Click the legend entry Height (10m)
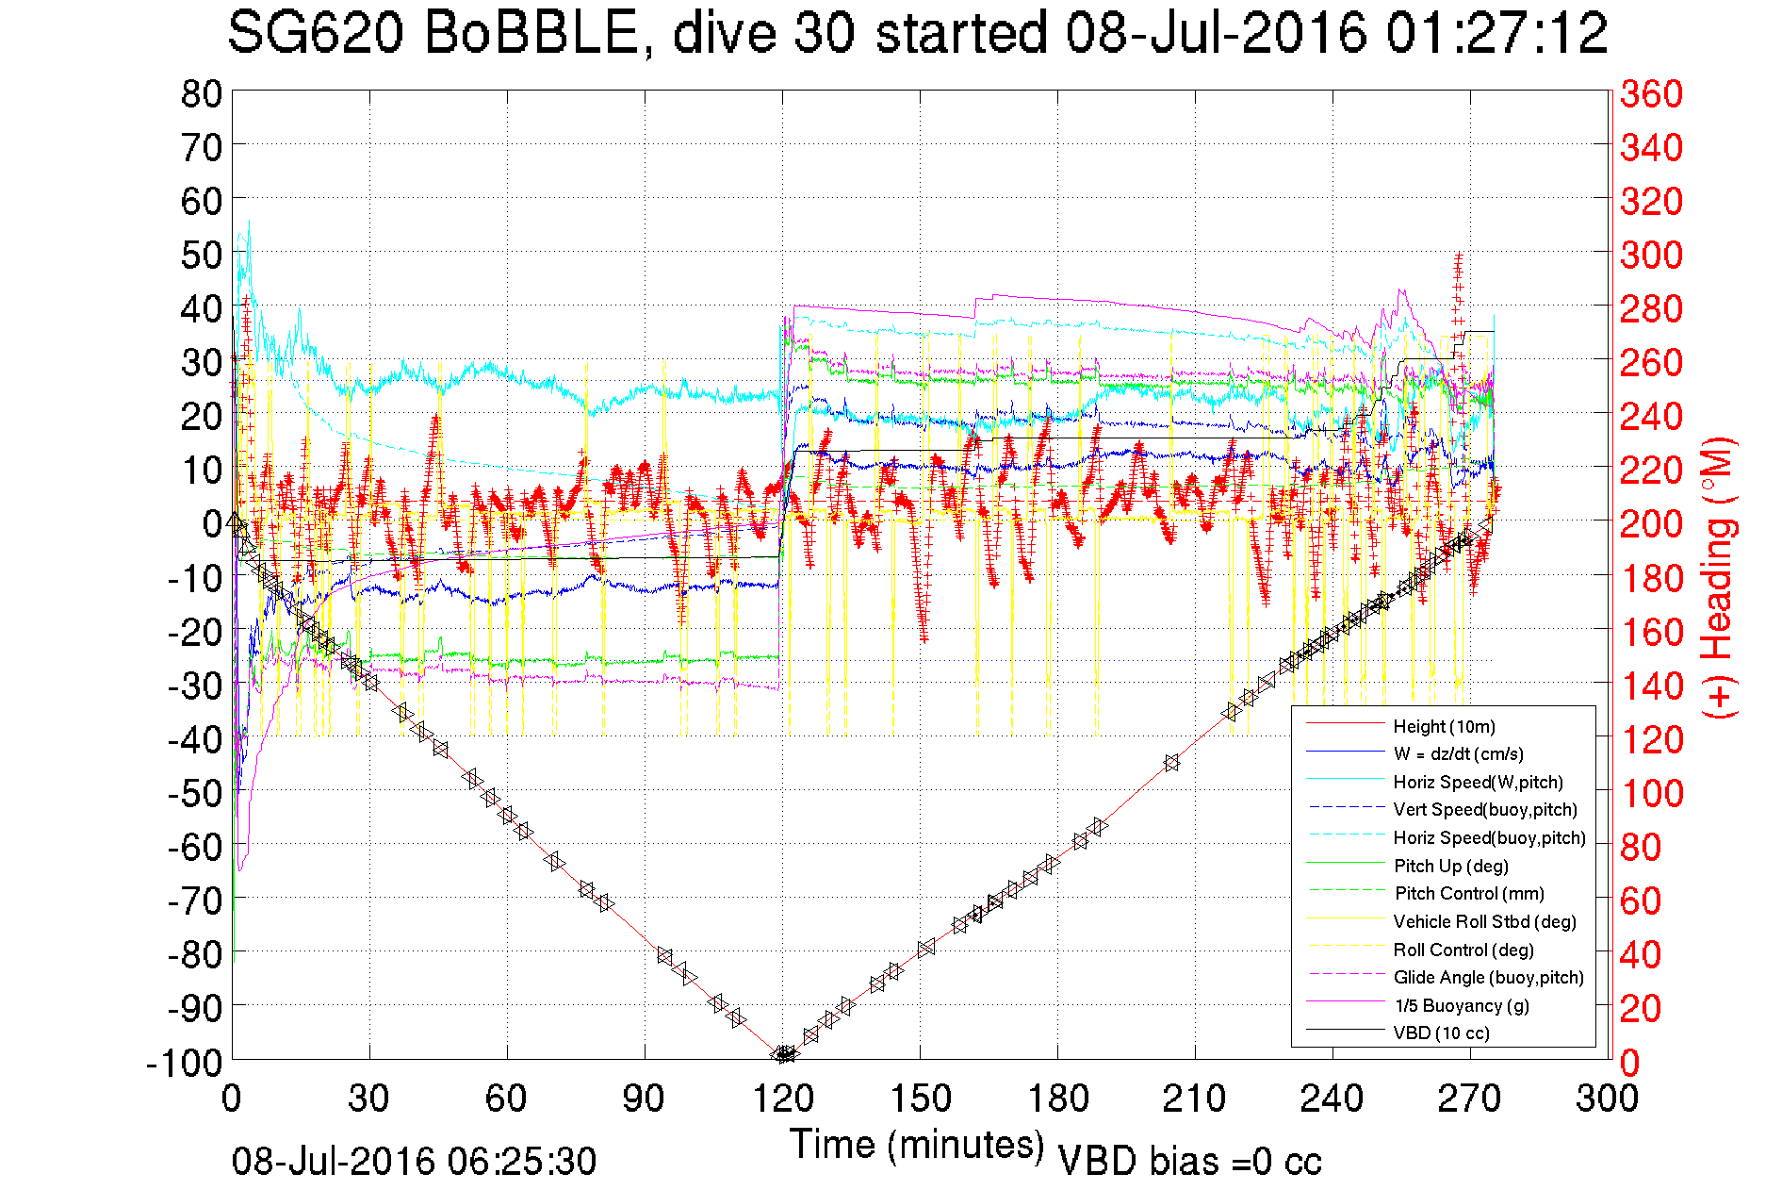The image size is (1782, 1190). coord(1443,726)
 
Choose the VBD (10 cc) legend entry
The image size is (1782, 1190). coord(1441,1033)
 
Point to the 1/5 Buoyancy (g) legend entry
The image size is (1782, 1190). coord(1461,1005)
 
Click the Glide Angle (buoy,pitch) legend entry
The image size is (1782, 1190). coord(1488,978)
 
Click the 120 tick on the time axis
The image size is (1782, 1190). coord(783,1099)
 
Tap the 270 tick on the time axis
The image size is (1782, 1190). coord(1470,1099)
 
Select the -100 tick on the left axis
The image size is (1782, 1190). coord(185,1063)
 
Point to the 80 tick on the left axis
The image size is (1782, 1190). coord(201,93)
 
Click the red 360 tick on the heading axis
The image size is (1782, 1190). coord(1651,93)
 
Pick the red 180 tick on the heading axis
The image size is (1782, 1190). coord(1651,578)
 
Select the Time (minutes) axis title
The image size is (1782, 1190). coord(916,1145)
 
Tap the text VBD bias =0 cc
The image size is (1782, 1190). coord(1189,1162)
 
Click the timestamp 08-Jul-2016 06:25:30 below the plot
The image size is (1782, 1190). coord(414,1162)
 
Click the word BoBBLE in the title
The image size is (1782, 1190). coord(531,33)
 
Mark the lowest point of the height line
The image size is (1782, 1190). coord(782,1055)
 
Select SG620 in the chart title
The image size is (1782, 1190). coord(316,33)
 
